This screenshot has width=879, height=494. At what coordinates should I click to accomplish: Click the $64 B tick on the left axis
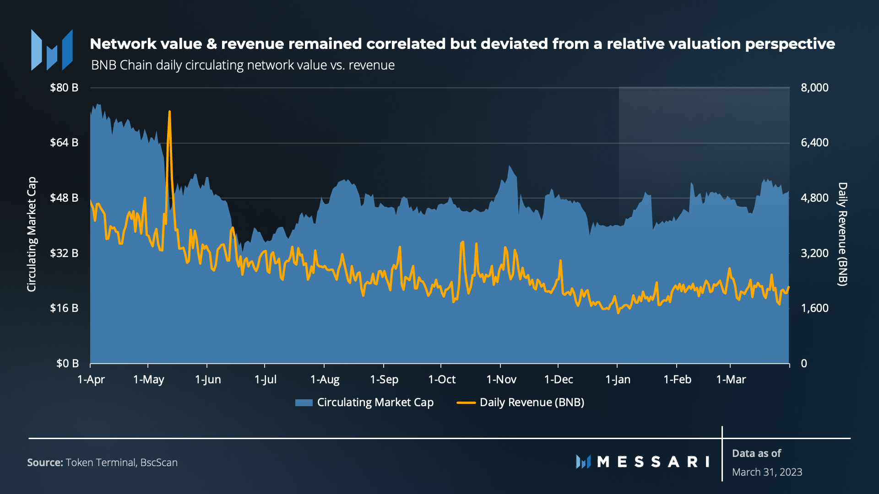point(64,143)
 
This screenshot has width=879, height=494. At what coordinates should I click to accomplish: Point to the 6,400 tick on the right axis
point(814,143)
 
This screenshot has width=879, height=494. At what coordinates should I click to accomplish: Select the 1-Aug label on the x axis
point(325,380)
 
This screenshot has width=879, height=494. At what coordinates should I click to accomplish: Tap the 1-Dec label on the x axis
point(559,380)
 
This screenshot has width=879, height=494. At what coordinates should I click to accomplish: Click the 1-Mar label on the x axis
point(731,380)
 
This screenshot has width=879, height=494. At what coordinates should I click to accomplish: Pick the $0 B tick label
point(67,364)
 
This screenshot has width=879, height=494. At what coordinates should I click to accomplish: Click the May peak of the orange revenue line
point(169,112)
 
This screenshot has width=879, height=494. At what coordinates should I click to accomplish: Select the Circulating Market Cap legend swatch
point(304,403)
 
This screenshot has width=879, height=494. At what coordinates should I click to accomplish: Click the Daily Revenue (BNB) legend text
point(532,403)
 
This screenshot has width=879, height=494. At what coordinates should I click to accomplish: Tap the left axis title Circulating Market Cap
point(31,234)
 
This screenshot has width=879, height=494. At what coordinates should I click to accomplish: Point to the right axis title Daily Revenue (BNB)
point(842,234)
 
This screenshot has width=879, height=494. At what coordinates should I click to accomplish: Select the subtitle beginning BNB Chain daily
point(243,65)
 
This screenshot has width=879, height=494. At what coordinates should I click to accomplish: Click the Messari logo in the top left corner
point(52,50)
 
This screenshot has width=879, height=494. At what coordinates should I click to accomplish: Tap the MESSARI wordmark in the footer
point(652,462)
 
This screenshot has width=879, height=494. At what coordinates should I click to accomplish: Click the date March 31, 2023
point(767,472)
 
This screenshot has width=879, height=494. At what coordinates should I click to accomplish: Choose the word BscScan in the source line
point(159,462)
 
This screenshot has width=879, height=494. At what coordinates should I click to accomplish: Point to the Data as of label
point(756,453)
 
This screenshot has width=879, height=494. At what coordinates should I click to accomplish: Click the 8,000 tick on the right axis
point(814,88)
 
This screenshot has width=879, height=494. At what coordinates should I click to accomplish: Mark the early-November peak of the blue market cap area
point(509,166)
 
